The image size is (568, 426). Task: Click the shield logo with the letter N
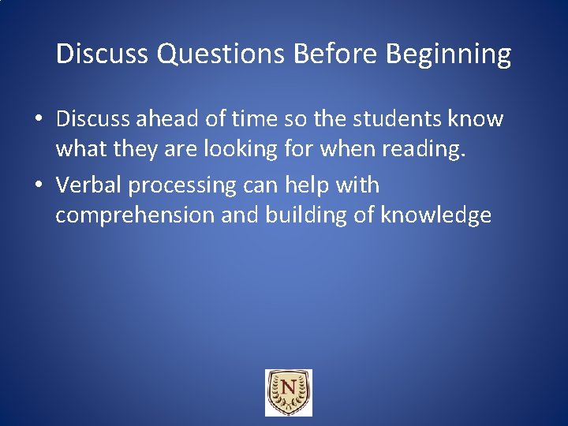coord(288,392)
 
